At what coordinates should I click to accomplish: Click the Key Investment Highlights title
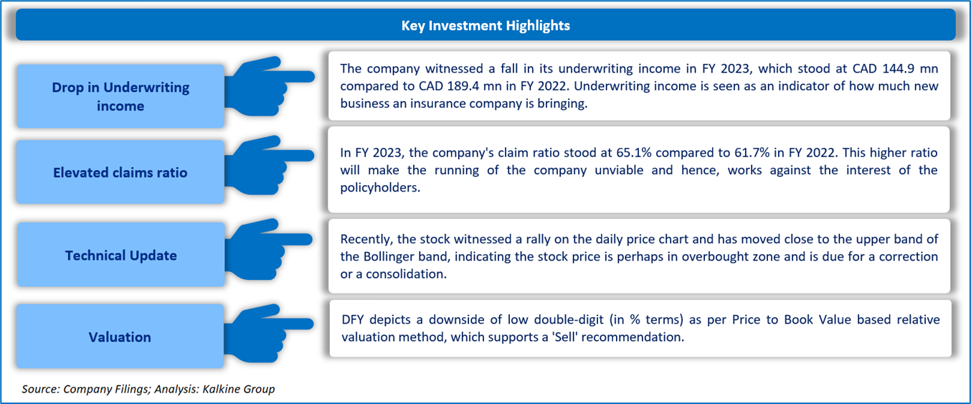click(x=485, y=26)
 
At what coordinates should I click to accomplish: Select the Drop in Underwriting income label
click(x=120, y=96)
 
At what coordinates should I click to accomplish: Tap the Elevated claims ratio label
click(x=120, y=173)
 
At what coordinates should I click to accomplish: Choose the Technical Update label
click(x=121, y=255)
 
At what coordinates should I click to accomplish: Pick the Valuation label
click(x=120, y=337)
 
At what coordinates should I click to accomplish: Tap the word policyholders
click(x=380, y=187)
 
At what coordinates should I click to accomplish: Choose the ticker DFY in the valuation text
click(x=352, y=320)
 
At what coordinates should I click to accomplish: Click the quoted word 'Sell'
click(x=564, y=337)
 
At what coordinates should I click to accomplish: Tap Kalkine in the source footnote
click(x=219, y=389)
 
